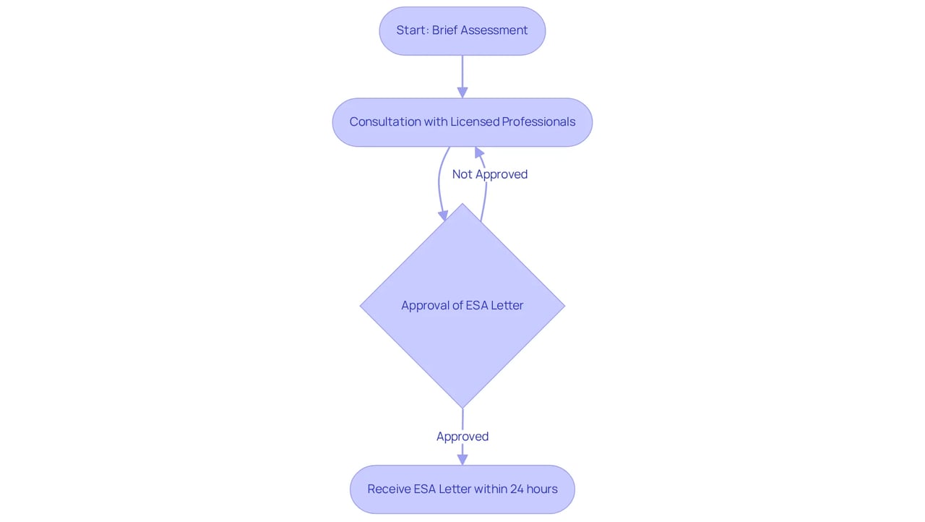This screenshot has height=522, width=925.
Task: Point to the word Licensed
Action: pyautogui.click(x=474, y=122)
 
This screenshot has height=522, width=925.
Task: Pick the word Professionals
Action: pyautogui.click(x=538, y=122)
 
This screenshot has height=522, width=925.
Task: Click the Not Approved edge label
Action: pyautogui.click(x=490, y=174)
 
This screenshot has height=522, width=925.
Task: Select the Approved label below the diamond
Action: pyautogui.click(x=462, y=437)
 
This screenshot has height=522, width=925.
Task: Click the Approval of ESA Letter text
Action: pyautogui.click(x=462, y=306)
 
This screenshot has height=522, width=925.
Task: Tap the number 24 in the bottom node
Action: pyautogui.click(x=517, y=489)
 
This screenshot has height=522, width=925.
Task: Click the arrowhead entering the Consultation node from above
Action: pyautogui.click(x=462, y=93)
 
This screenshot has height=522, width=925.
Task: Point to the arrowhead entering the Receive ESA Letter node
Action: pyautogui.click(x=462, y=460)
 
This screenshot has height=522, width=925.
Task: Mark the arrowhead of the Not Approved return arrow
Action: pyautogui.click(x=479, y=153)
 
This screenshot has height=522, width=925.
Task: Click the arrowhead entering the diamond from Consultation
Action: pyautogui.click(x=443, y=215)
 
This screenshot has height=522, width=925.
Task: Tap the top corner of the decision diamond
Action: pyautogui.click(x=462, y=204)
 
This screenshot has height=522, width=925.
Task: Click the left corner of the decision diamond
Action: pyautogui.click(x=360, y=306)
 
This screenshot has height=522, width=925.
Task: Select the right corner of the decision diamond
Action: pyautogui.click(x=565, y=306)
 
